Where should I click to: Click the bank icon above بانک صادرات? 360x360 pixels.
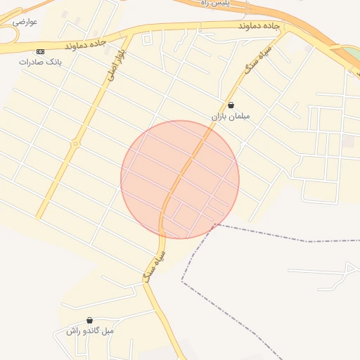pos(40,51)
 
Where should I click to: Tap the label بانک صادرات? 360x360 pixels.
pos(40,62)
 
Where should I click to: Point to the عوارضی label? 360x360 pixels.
pos(25,22)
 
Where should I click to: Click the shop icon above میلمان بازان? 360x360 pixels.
pos(231,105)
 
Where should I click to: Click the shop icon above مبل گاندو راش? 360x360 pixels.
pos(89,321)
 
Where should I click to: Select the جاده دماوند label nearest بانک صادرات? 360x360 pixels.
pos(84,44)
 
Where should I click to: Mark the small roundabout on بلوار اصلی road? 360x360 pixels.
pos(75,145)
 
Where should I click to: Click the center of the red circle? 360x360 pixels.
pos(180,179)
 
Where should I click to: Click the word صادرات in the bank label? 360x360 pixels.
pos(32,62)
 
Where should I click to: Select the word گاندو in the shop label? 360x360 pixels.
pos(94,331)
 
